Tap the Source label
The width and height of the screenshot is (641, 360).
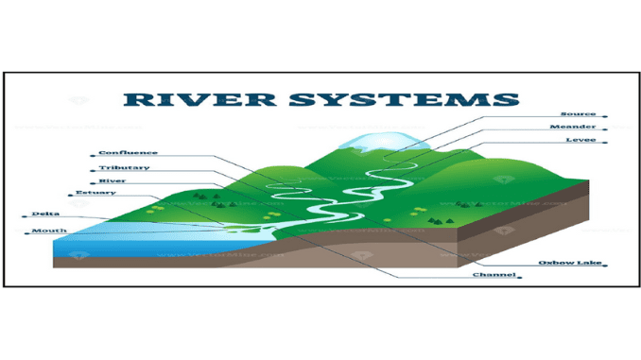[579, 113]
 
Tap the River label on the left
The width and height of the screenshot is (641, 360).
[113, 180]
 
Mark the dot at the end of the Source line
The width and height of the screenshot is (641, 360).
[604, 115]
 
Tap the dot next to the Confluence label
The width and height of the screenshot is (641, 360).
[95, 153]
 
